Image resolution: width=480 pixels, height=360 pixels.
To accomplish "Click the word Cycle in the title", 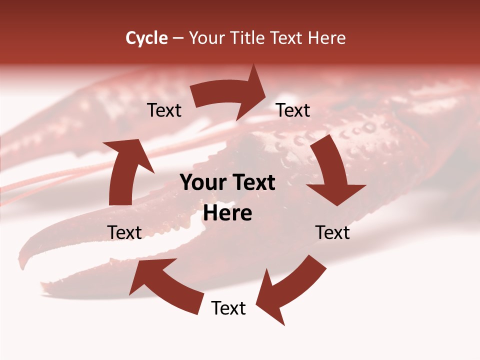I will tap(146, 38).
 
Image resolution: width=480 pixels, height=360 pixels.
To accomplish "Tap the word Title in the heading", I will tap(247, 38).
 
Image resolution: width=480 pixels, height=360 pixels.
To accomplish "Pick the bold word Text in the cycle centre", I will tap(253, 183).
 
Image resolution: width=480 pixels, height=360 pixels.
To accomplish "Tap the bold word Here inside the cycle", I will tap(227, 213).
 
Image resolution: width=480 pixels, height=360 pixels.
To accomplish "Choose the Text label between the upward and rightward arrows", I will tap(164, 110).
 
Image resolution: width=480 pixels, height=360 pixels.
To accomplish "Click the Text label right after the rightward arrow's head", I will tap(293, 110).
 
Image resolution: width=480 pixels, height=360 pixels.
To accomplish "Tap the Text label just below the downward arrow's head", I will tap(332, 232).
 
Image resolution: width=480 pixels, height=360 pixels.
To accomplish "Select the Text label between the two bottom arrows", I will tap(228, 308).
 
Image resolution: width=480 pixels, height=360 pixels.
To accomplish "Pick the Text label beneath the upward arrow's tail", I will tap(124, 232).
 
